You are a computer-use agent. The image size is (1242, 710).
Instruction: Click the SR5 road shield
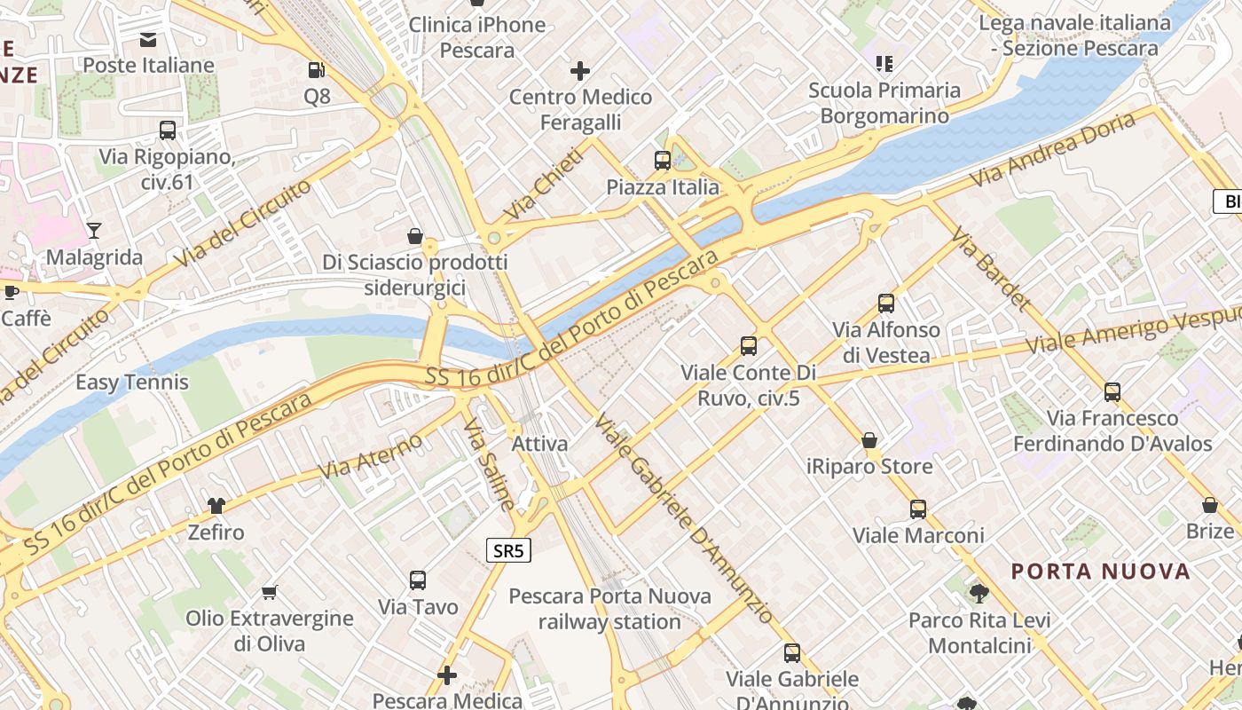(x=508, y=551)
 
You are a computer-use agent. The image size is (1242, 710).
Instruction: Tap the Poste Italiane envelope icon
(x=148, y=39)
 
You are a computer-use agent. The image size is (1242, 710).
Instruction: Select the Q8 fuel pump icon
(x=316, y=69)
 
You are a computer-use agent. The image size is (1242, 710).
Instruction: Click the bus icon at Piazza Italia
(x=663, y=161)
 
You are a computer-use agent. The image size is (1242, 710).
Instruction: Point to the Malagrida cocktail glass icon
(x=94, y=231)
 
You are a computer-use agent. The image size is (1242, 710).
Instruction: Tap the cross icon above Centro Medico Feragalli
(x=580, y=70)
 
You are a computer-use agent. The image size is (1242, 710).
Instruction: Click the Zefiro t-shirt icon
(x=216, y=506)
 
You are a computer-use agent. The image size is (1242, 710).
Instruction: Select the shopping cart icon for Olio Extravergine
(x=270, y=592)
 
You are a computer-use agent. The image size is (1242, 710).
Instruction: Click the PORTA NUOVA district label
(x=1101, y=571)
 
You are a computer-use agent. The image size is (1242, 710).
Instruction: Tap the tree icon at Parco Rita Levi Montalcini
(x=979, y=593)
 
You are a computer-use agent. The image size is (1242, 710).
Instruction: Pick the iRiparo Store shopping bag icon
(x=869, y=440)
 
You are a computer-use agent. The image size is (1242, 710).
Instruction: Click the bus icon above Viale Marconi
(x=918, y=509)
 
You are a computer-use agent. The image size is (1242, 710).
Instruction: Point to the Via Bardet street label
(x=991, y=268)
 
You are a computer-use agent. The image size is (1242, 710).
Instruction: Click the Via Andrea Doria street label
(x=1052, y=149)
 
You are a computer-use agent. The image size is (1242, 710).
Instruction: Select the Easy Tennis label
(x=132, y=383)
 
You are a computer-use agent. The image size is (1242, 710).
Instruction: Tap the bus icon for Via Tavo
(x=418, y=580)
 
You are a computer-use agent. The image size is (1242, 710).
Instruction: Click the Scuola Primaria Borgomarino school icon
(x=884, y=63)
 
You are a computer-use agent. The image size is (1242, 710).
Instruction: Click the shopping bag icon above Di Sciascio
(x=414, y=236)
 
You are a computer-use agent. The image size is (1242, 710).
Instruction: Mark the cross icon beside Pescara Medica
(x=447, y=675)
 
